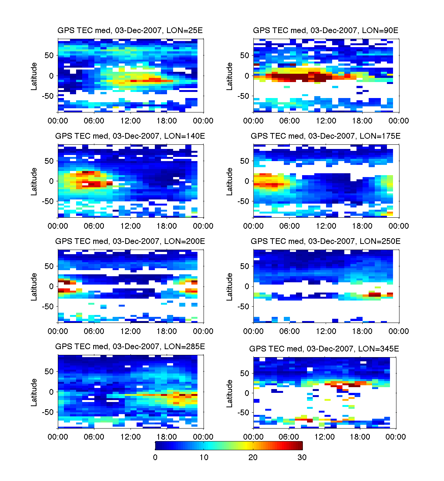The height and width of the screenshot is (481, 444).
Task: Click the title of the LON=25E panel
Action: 130,30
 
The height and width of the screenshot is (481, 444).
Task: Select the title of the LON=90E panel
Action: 326,30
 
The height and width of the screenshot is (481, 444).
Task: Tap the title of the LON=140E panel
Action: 130,136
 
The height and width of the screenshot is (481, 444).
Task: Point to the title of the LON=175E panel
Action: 326,136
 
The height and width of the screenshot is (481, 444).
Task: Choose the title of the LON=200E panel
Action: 130,241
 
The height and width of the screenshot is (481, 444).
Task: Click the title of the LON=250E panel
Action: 326,241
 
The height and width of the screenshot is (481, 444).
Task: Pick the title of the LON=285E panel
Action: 130,347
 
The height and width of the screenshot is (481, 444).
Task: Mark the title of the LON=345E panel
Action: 324,349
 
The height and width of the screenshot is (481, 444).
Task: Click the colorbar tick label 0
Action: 155,457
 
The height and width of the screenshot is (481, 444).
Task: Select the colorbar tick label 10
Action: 204,457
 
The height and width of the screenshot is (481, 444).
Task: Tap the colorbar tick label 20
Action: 253,457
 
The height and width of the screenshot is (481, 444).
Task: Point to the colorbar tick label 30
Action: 302,457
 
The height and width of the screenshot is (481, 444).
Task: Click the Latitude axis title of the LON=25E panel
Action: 34,76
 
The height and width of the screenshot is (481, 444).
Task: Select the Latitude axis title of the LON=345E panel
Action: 229,394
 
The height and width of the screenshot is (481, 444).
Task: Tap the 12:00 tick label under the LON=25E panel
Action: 130,121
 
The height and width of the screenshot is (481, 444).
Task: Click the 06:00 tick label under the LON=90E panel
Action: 290,121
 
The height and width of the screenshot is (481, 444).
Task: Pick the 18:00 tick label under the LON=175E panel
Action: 362,226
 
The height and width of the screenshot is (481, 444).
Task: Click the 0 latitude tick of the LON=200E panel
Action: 51,286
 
